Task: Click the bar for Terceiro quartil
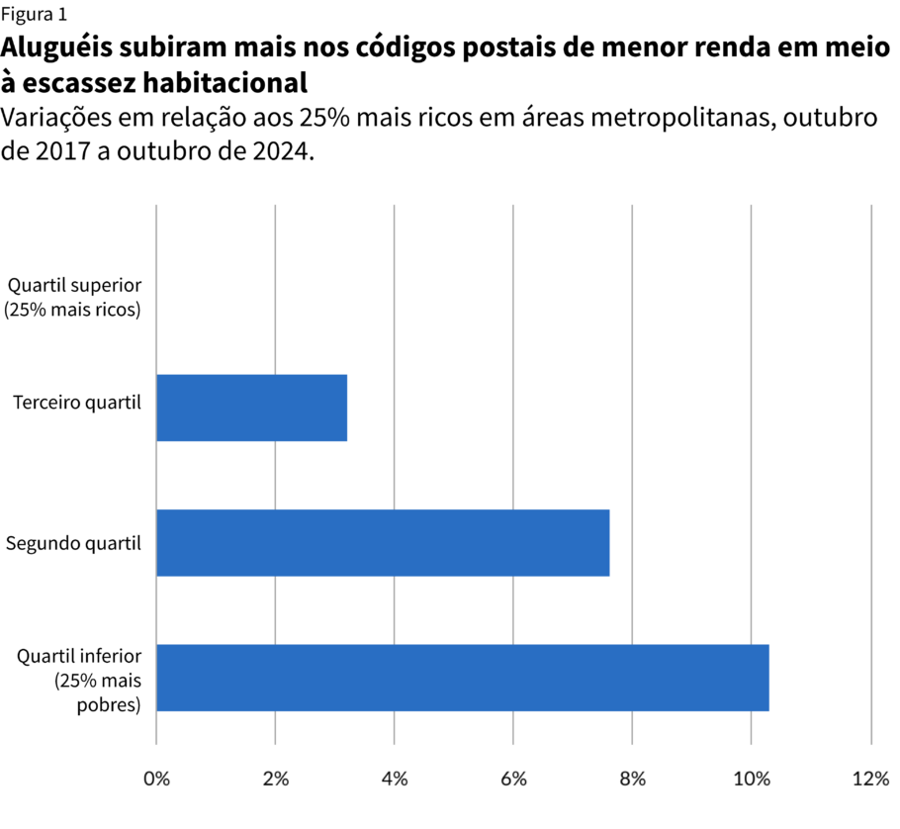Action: (x=251, y=408)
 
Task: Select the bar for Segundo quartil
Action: (x=383, y=542)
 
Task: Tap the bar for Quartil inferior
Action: (x=462, y=678)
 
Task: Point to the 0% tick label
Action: (x=156, y=779)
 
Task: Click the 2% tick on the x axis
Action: (x=275, y=779)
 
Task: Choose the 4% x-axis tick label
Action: (x=395, y=779)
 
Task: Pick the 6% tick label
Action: (x=513, y=779)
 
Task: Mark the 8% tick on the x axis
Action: (x=633, y=779)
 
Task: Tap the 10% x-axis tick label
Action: (x=752, y=779)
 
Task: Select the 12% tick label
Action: (x=870, y=779)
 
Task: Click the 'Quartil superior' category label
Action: (x=75, y=297)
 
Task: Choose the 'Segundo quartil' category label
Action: (x=74, y=543)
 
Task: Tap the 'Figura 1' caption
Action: (x=35, y=14)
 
